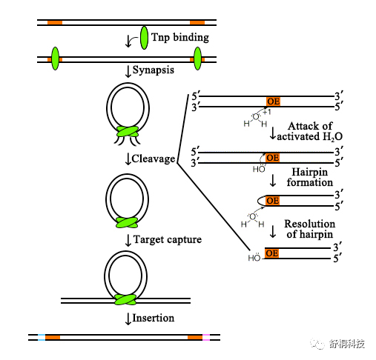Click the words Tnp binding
tap(180, 38)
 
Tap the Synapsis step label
tap(154, 70)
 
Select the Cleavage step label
tap(154, 159)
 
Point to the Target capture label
tap(168, 239)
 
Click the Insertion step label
tap(154, 318)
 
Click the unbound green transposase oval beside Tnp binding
tap(144, 38)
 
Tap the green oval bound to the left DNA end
tap(56, 59)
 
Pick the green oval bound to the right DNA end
tap(197, 59)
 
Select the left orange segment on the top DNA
tap(55, 23)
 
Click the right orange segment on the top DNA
tap(197, 23)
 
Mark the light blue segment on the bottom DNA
tap(42, 337)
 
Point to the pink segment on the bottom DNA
tap(206, 337)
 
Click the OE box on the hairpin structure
tap(273, 201)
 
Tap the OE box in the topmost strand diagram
tap(274, 101)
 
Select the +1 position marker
tap(267, 112)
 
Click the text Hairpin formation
tap(310, 177)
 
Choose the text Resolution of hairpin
tap(310, 229)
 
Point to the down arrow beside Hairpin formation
tap(273, 181)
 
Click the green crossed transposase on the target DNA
tap(125, 299)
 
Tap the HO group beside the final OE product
tap(254, 258)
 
